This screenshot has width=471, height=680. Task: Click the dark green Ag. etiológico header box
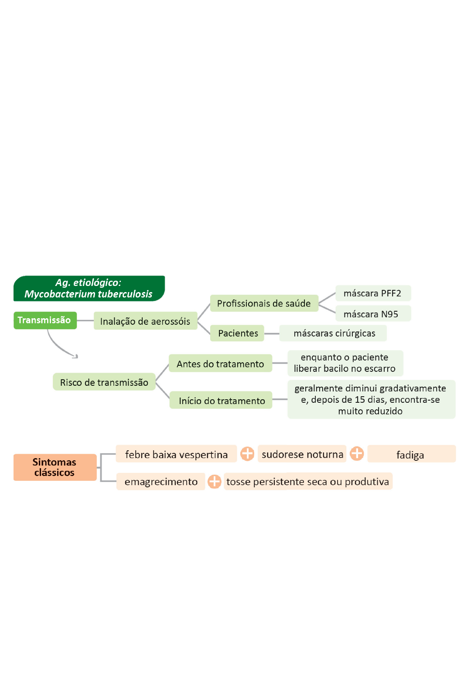click(89, 288)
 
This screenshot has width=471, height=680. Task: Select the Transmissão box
click(45, 320)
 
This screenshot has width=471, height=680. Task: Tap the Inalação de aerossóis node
click(146, 321)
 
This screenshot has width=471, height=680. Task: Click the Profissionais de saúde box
click(264, 303)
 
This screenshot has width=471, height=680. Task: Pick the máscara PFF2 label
click(373, 293)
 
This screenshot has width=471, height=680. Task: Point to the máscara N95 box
click(373, 313)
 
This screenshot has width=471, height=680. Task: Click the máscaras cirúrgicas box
click(333, 333)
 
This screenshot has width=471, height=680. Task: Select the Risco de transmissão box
click(104, 381)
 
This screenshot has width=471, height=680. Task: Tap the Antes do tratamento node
click(221, 363)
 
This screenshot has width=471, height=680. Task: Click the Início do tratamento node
click(221, 400)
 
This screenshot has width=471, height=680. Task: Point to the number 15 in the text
click(359, 399)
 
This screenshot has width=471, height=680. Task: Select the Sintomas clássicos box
click(55, 467)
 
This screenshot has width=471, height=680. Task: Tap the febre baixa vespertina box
click(176, 454)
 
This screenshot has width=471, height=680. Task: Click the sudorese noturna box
click(302, 454)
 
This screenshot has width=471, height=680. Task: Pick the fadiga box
click(412, 454)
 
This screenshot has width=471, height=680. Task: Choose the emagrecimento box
click(160, 482)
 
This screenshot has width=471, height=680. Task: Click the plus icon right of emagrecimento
click(215, 482)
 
